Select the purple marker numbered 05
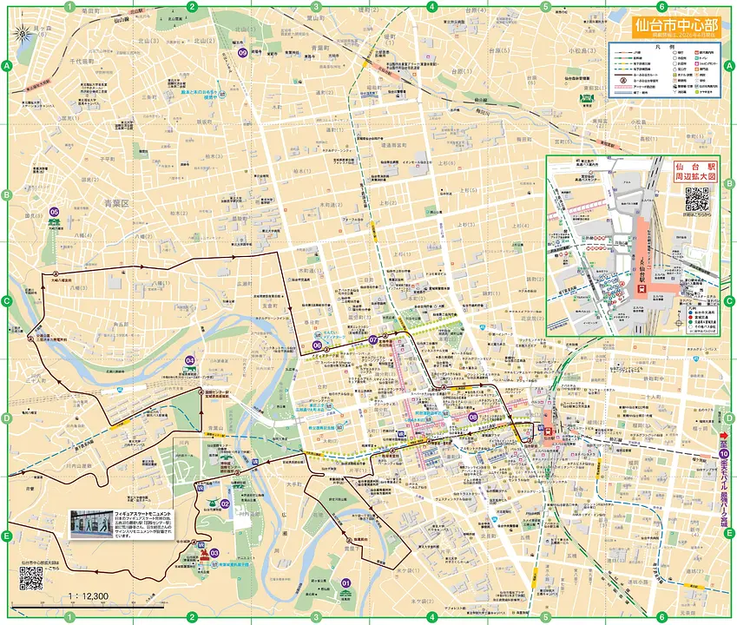pyautogui.click(x=54, y=211)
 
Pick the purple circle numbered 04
pyautogui.click(x=189, y=359)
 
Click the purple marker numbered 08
pyautogui.click(x=472, y=417)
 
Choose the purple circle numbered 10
pyautogui.click(x=724, y=453)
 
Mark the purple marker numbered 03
pyautogui.click(x=214, y=553)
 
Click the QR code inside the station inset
pyautogui.click(x=696, y=200)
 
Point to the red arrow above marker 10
pyautogui.click(x=724, y=436)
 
